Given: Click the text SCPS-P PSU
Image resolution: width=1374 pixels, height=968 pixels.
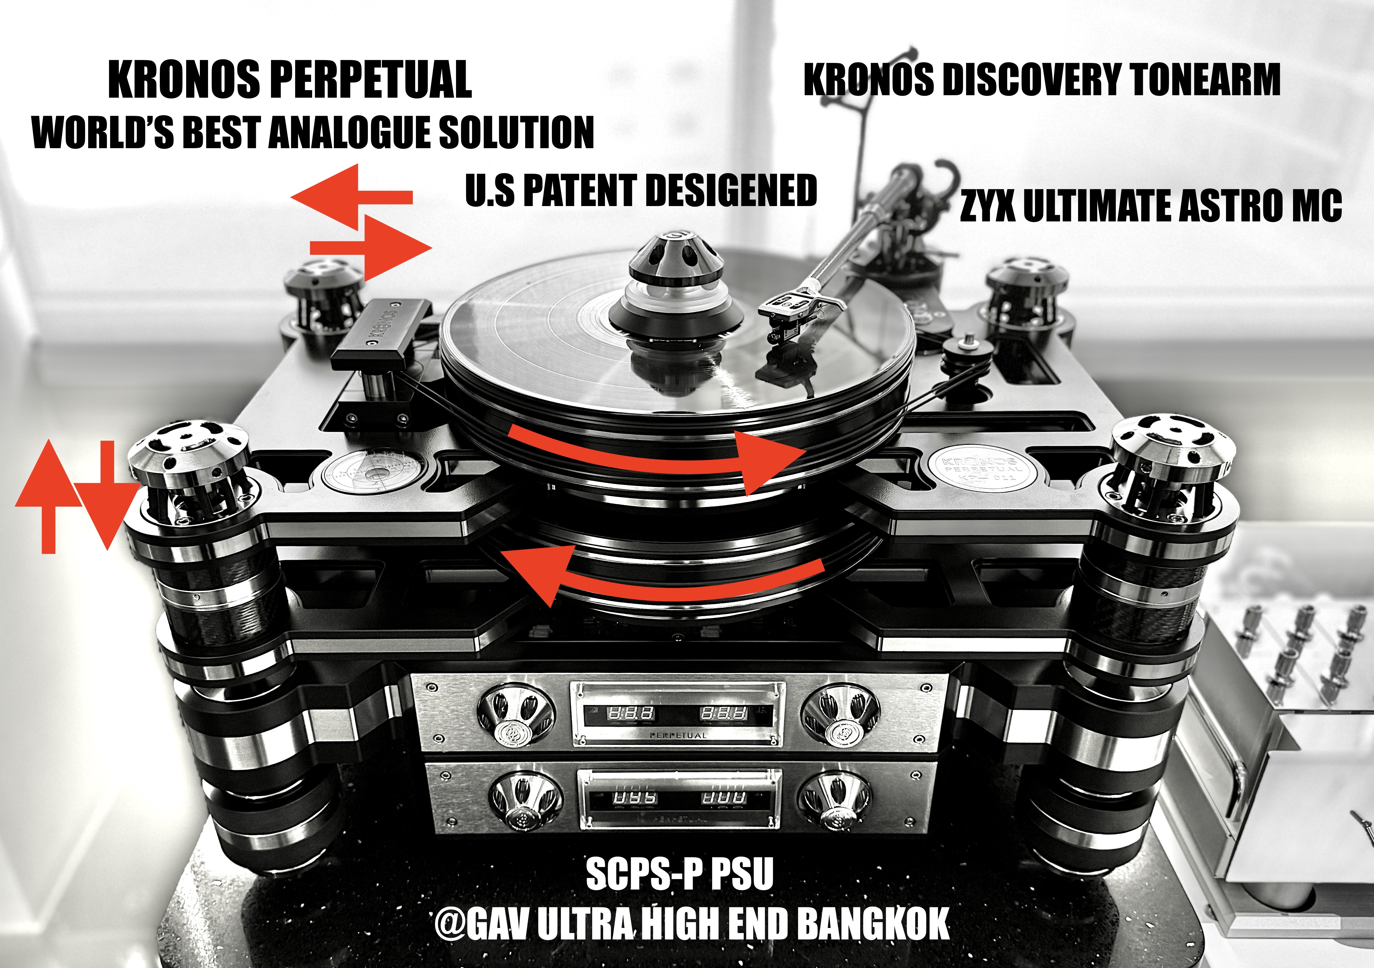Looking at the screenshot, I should [680, 874].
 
